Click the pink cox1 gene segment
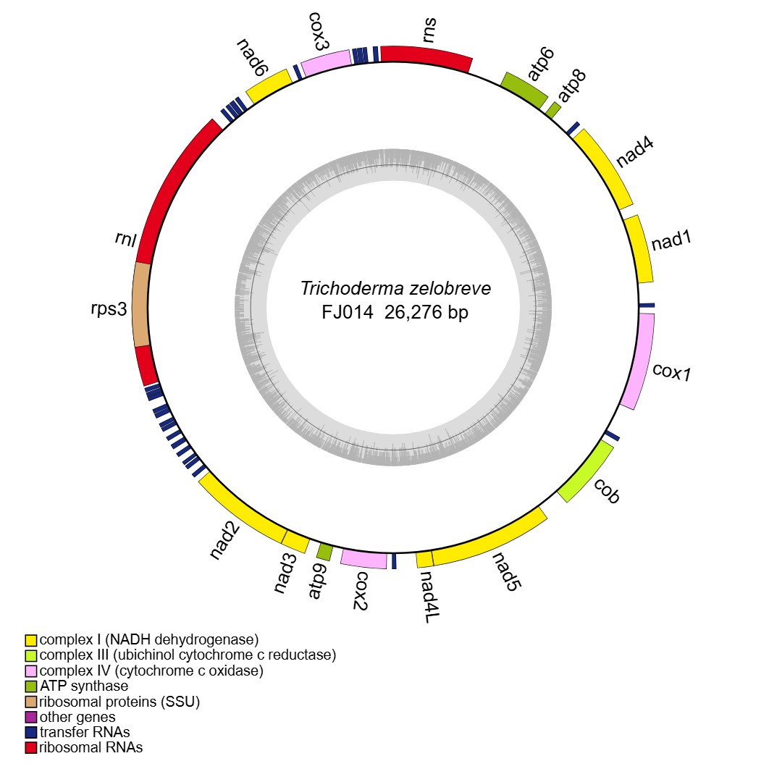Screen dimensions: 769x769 pyautogui.click(x=639, y=363)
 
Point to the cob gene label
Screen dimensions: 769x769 pyautogui.click(x=607, y=492)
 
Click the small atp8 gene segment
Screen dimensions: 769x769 pyautogui.click(x=553, y=110)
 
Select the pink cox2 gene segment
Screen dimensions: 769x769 pyautogui.click(x=363, y=559)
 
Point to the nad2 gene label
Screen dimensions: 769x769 pyautogui.click(x=226, y=540)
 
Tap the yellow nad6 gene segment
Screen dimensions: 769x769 pyautogui.click(x=269, y=85)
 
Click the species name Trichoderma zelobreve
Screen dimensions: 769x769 pyautogui.click(x=395, y=288)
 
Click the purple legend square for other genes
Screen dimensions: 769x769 pyautogui.click(x=31, y=717)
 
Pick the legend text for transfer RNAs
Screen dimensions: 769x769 pyautogui.click(x=85, y=732)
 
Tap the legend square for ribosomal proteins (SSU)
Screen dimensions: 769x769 pyautogui.click(x=31, y=702)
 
